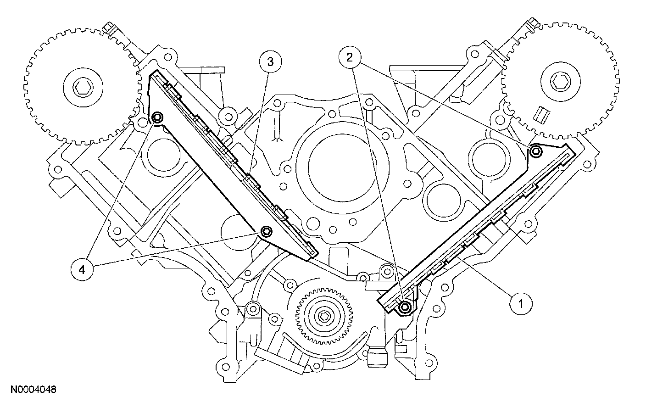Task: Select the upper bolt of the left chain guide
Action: tap(157, 118)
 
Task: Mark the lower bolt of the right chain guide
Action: tap(404, 307)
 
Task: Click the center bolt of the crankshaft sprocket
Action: tap(324, 317)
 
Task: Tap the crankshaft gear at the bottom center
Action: tap(324, 317)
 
